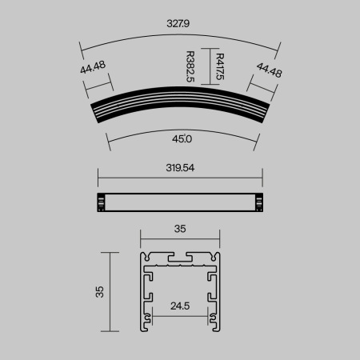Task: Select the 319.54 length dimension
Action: pos(180,168)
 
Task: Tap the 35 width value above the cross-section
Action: pos(180,229)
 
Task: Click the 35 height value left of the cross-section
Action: pos(99,291)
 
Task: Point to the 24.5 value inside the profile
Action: pos(180,306)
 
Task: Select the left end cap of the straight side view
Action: pos(101,203)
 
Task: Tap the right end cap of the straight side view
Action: pos(259,203)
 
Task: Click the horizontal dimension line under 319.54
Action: pos(180,178)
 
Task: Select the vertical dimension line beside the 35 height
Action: pos(110,291)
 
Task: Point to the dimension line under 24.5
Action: pos(180,315)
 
